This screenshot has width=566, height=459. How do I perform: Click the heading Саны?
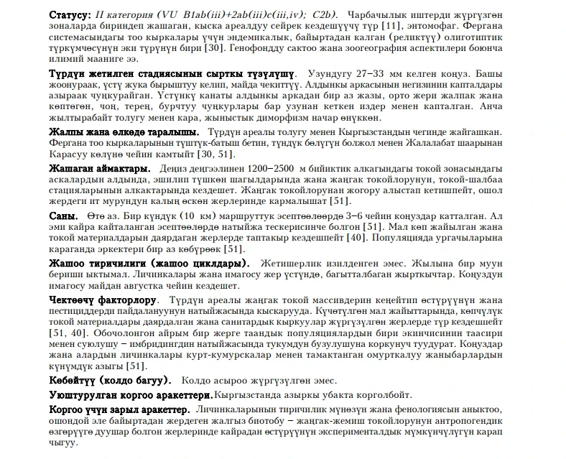[x=63, y=216]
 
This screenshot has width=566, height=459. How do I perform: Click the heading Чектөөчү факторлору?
[x=101, y=300]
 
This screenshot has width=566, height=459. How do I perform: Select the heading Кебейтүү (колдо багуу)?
[x=108, y=380]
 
